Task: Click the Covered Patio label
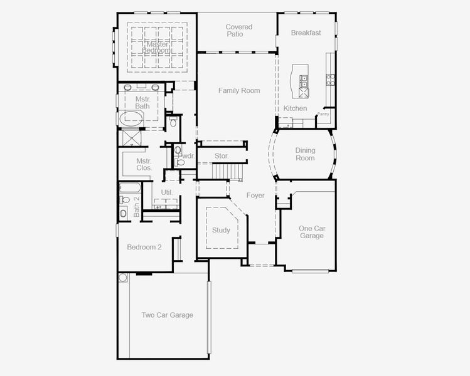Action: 239,31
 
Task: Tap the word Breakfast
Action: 306,33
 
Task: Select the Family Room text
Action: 239,90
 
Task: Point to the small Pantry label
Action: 323,114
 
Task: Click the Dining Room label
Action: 305,154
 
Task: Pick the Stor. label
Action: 222,156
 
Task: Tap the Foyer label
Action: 255,196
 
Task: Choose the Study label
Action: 221,230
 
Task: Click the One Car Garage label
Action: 312,232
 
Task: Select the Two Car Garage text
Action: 168,315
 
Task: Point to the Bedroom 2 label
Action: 144,247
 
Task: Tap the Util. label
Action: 167,192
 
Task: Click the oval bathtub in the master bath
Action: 131,119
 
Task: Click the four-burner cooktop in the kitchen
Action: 330,80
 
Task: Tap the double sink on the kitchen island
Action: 304,81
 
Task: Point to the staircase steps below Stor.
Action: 227,171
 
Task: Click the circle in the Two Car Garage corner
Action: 123,278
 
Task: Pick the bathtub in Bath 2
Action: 130,188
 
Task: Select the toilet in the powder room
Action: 180,162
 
